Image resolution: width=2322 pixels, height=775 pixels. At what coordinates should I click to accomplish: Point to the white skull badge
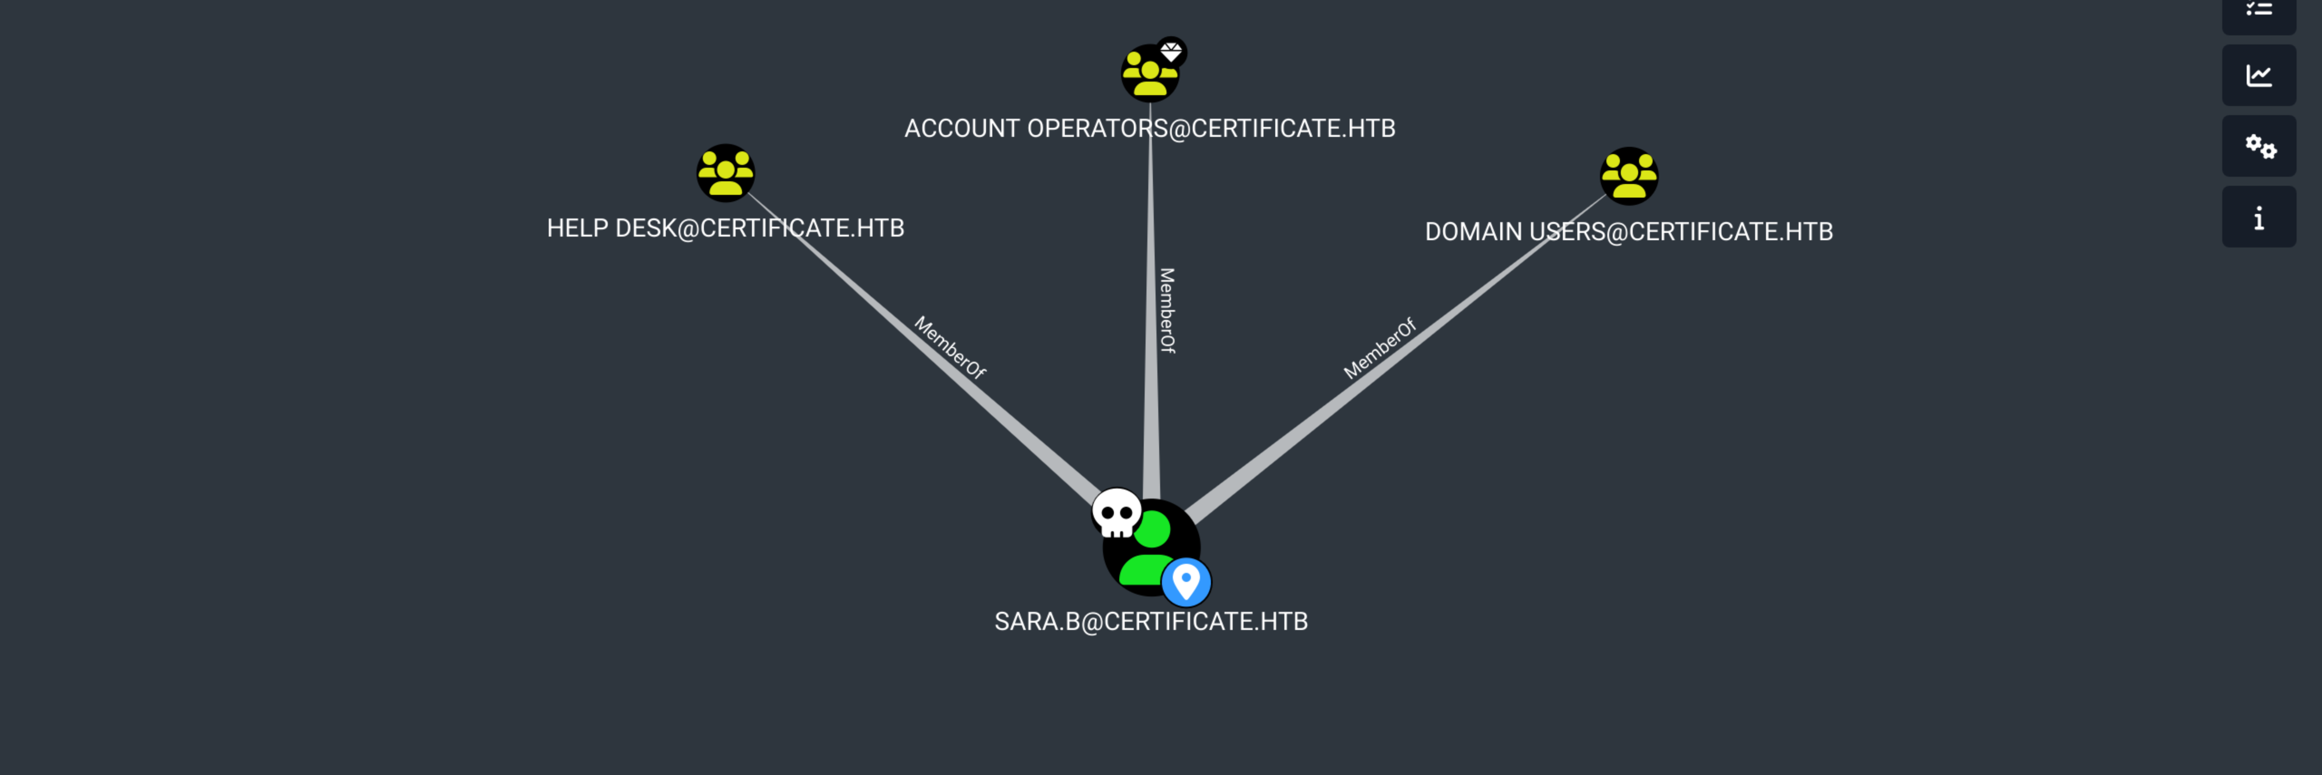[1116, 513]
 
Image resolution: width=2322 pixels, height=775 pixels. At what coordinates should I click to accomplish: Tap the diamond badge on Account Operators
[1171, 51]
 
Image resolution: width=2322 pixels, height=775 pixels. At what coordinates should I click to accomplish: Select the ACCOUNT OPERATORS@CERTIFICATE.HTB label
[1149, 128]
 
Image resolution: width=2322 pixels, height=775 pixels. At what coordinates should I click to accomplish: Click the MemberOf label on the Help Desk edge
[949, 347]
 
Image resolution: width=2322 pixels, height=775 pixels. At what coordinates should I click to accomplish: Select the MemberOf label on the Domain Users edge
[1379, 348]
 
